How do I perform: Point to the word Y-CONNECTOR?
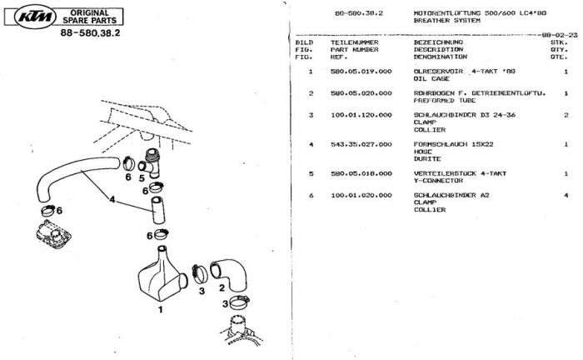coord(437,181)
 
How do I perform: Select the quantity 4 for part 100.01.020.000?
coord(566,195)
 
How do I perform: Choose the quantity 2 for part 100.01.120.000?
coord(566,115)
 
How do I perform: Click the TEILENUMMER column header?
coord(353,42)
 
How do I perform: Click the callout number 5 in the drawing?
coord(142,177)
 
